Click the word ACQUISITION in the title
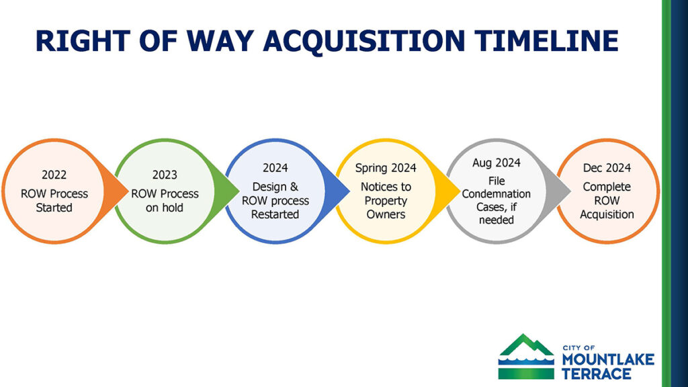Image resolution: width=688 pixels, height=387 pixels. pyautogui.click(x=363, y=41)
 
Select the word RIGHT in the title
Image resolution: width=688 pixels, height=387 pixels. pyautogui.click(x=83, y=41)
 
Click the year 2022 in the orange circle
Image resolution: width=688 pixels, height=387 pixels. pyautogui.click(x=54, y=175)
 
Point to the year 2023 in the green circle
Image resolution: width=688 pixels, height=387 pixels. pyautogui.click(x=165, y=175)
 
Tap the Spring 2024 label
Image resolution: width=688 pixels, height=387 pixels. pyautogui.click(x=386, y=168)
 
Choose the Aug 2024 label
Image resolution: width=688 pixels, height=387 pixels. pyautogui.click(x=497, y=163)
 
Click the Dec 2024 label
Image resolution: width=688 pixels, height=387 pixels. pyautogui.click(x=607, y=167)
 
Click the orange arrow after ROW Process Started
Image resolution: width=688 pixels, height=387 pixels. pyautogui.click(x=115, y=191)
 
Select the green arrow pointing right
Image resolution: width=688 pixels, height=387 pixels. pyautogui.click(x=226, y=191)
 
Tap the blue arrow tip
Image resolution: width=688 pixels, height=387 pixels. pyautogui.click(x=349, y=191)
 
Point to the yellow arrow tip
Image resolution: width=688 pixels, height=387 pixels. pyautogui.click(x=460, y=191)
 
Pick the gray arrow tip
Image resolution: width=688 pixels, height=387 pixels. pyautogui.click(x=570, y=191)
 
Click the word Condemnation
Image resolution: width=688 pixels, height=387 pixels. pyautogui.click(x=497, y=194)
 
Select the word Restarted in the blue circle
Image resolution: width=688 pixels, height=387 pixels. pyautogui.click(x=275, y=214)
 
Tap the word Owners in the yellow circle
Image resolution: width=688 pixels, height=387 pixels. pyautogui.click(x=386, y=214)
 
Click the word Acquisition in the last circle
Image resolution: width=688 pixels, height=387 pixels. pyautogui.click(x=607, y=214)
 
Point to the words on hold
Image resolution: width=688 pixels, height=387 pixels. pyautogui.click(x=165, y=208)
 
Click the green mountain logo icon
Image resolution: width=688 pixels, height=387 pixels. pyautogui.click(x=526, y=356)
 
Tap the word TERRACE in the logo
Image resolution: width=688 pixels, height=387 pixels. pyautogui.click(x=597, y=374)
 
